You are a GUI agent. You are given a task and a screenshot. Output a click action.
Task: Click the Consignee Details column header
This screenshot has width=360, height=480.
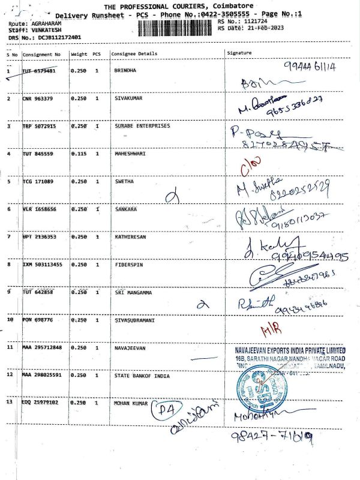click(134, 54)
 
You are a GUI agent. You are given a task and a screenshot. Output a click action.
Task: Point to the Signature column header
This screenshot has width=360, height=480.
click(239, 53)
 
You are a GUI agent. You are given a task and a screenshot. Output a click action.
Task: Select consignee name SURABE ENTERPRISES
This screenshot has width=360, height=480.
click(142, 126)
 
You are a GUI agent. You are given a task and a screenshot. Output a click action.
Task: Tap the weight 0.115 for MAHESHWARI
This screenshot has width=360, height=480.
click(79, 154)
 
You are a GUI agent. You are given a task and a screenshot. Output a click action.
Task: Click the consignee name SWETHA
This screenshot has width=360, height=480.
click(124, 181)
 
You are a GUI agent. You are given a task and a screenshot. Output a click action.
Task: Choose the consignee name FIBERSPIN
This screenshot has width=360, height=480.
click(128, 264)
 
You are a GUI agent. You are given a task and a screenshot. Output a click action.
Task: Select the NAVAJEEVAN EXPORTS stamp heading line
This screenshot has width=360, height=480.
click(290, 350)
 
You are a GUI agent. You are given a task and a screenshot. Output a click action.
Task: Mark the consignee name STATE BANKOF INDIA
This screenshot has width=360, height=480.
click(142, 376)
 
